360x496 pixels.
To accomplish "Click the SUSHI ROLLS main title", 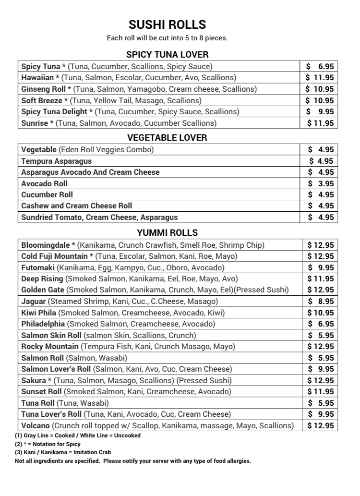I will pos(167,24).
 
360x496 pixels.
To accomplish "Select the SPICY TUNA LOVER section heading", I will pos(167,55).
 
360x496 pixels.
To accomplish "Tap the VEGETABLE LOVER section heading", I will pos(167,138).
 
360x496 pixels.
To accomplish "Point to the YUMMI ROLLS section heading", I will pos(167,233).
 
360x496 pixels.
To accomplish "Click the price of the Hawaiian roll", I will pos(320,78).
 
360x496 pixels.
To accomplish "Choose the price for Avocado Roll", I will pos(321,183).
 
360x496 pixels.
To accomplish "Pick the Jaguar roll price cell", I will pos(321,302).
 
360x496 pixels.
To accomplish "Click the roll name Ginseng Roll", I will pos(43,89).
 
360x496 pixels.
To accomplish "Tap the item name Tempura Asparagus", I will pos(56,161).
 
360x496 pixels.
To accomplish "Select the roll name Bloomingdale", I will pos(46,245).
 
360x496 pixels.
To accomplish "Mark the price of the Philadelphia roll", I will pos(321,324).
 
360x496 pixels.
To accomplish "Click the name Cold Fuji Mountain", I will pos(54,256).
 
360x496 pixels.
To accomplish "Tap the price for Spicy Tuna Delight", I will pos(321,111).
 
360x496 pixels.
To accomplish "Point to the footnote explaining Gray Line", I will pos(78,436).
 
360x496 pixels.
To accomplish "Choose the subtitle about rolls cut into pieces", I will pos(167,38).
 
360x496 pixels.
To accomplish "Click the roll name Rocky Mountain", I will pos(50,347).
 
